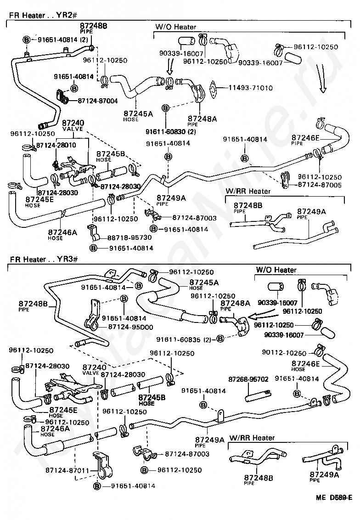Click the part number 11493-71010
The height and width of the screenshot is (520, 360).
pos(251,88)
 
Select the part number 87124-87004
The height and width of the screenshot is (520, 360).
pos(98,101)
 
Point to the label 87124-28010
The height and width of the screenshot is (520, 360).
pos(56,145)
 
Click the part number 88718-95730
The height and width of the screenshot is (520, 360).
pos(129,238)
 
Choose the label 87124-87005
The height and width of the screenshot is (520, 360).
pos(320,185)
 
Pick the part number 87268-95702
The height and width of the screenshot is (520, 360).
pos(248,379)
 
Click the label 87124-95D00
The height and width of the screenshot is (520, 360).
pos(130,327)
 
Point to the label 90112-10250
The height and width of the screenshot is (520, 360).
pos(284,353)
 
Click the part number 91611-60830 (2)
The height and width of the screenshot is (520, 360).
pos(171,132)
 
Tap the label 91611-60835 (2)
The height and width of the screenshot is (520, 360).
pos(184,339)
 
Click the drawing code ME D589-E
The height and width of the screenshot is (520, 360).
pos(334,497)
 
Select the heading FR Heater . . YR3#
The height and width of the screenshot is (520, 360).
pos(44,259)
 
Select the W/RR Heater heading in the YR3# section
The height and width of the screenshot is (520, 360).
pos(252,438)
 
